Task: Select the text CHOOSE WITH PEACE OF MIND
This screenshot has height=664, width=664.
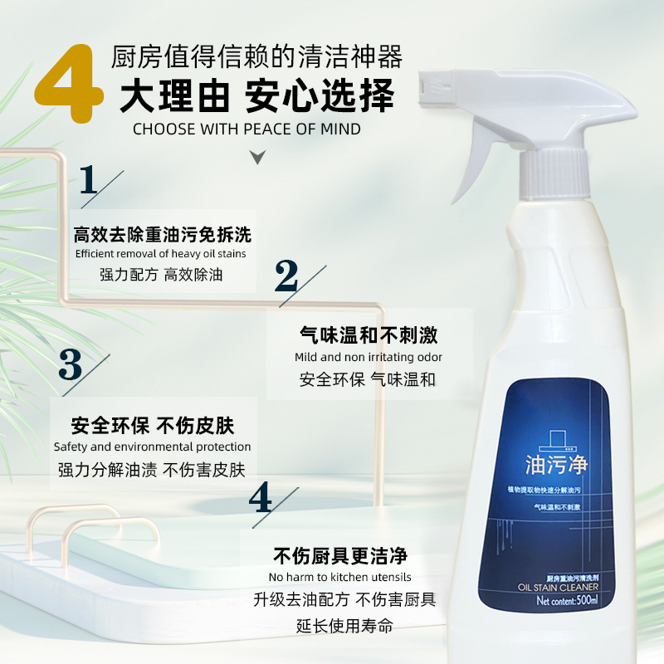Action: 247,129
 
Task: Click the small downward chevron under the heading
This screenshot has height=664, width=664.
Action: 258,157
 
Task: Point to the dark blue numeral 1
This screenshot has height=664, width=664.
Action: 89,180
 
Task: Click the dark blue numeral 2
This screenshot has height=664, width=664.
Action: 286,276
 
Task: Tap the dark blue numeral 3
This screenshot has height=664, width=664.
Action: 71,366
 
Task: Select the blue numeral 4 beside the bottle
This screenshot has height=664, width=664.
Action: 261,497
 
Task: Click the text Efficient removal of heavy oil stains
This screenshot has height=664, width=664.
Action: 160,254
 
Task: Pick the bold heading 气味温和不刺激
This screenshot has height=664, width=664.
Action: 368,335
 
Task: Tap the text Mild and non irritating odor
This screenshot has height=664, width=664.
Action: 369,357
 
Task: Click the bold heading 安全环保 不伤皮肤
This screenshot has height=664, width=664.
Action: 153,426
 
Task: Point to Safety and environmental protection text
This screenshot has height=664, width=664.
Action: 152,447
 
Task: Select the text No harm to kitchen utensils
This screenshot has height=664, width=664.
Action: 340,577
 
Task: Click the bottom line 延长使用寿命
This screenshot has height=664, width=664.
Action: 344,625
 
